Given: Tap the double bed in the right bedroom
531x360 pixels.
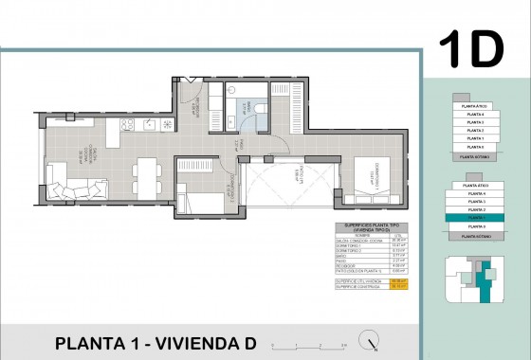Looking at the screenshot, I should (x=364, y=182).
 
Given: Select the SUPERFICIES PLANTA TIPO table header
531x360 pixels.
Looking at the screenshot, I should (x=365, y=226).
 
